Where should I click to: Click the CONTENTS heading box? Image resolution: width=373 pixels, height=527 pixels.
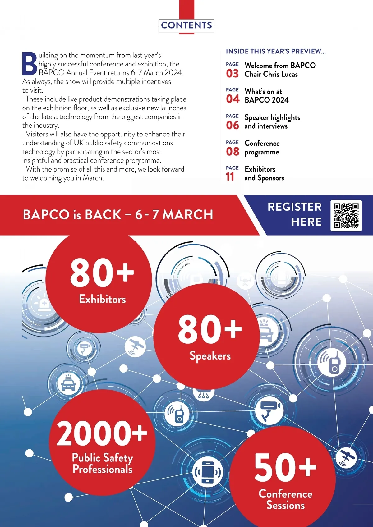point(186,25)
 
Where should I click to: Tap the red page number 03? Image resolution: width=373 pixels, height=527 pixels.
point(232,74)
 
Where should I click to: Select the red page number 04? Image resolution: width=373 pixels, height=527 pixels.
point(233,99)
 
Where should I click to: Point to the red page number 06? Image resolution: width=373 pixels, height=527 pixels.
point(233,126)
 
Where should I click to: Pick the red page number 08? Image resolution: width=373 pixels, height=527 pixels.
point(233,152)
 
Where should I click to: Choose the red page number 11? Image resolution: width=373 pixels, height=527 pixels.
point(230,177)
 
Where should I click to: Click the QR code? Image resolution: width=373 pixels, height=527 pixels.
point(346,215)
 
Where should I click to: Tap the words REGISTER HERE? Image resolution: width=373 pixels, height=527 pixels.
point(294,214)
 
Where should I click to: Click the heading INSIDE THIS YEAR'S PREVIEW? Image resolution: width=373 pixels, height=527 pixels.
point(276,51)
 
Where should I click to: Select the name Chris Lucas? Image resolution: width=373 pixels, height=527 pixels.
point(280,74)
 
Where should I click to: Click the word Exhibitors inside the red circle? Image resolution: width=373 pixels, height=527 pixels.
point(102,299)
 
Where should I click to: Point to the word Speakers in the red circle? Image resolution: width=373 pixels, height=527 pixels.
point(210,356)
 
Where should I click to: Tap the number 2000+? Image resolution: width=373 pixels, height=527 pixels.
point(102,433)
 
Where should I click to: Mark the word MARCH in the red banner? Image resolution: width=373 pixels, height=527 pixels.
point(188,215)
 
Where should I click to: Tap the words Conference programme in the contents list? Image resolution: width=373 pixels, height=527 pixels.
point(262,148)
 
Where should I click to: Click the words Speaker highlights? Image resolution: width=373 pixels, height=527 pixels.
point(272,117)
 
